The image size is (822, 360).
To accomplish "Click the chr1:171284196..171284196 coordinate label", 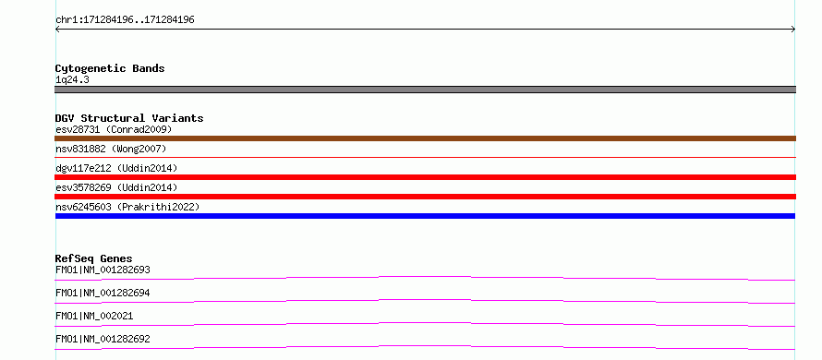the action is [125, 20].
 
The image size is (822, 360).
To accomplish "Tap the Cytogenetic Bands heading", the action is [110, 68].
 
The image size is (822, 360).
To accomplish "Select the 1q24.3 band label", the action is [72, 79].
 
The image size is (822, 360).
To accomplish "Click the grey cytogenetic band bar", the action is [425, 90].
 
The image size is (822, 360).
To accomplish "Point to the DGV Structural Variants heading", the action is [129, 118].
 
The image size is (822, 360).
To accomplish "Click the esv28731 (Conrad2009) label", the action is [114, 129].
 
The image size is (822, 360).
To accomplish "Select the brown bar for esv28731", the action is [425, 138].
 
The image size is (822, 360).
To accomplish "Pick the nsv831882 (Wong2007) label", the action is [111, 149].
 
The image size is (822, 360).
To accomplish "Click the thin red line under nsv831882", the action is [425, 157].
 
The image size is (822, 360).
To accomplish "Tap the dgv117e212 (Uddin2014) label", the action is [116, 168].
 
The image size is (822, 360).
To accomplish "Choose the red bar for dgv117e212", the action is [425, 177].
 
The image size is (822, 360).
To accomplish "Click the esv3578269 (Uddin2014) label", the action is [116, 187].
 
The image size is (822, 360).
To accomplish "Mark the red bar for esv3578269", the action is [425, 197].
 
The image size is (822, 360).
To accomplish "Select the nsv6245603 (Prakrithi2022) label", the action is [127, 207].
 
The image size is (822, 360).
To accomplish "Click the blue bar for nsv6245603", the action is [425, 216].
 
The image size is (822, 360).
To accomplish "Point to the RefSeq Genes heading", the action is [94, 258].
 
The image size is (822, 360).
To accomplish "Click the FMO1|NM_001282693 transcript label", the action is [103, 270].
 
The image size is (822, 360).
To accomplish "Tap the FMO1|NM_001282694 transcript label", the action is [103, 294].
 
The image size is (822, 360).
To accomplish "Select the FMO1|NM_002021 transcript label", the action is [94, 317].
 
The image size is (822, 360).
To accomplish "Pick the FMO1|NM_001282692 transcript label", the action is [103, 340].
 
